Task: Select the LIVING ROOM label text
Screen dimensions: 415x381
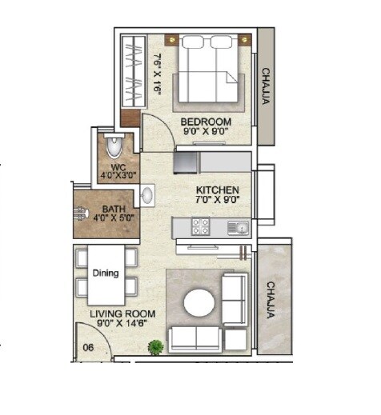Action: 122,313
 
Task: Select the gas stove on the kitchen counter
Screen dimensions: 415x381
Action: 199,228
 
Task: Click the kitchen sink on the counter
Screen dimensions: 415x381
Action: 237,228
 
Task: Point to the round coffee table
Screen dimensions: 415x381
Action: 199,304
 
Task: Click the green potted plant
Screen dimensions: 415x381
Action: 156,346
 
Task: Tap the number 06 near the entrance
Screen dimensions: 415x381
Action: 90,346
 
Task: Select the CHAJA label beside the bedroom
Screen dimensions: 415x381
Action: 266,86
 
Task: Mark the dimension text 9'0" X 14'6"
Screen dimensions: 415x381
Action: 122,325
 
